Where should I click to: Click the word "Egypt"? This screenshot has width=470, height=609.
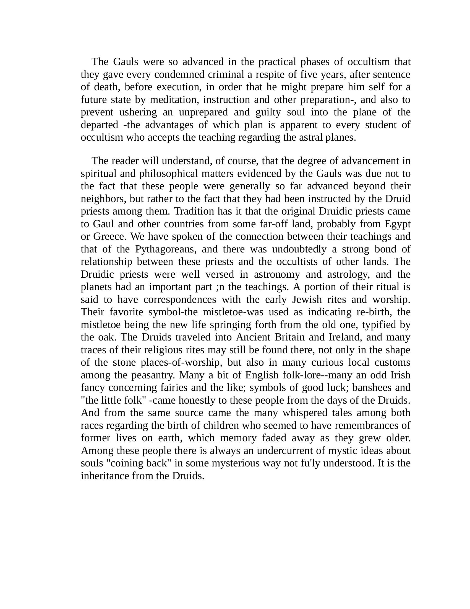click(x=397, y=224)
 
